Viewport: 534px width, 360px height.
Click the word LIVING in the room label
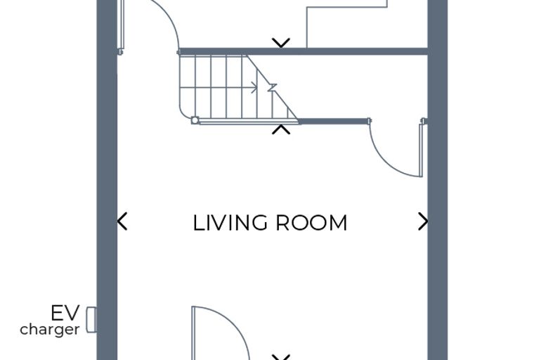pos(230,223)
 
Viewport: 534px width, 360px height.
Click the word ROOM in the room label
pos(311,223)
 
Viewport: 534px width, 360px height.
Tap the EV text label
pos(65,313)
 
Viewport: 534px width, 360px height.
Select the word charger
pos(50,330)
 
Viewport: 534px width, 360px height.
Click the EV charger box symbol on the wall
pos(91,320)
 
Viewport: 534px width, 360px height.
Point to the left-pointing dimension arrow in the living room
pos(122,221)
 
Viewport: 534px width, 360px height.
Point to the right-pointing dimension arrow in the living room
pos(423,221)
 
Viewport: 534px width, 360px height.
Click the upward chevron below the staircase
pos(281,129)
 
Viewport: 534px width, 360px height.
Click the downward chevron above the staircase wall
pos(281,43)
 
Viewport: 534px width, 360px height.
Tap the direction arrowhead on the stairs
pos(254,87)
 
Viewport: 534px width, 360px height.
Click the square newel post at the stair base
pos(195,120)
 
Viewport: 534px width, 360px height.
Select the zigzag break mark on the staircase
pos(272,87)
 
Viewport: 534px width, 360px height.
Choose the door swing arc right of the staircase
pos(384,161)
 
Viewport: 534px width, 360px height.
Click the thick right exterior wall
pos(437,180)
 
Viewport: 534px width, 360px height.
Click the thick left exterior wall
pos(107,180)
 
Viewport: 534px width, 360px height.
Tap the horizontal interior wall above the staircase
pos(303,51)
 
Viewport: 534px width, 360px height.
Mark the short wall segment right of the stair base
pos(334,121)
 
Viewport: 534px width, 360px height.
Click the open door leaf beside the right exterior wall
pos(422,150)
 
